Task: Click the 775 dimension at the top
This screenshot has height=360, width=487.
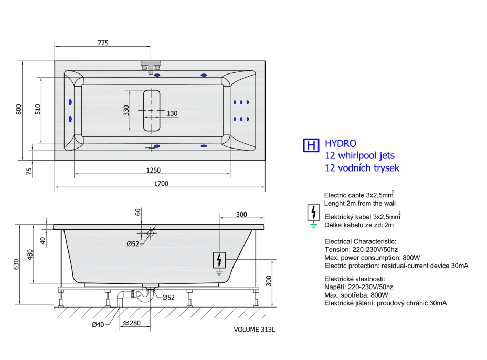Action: pos(103,43)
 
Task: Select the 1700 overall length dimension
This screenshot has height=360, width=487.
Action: pos(161,184)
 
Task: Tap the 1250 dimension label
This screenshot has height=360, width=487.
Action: pos(153,170)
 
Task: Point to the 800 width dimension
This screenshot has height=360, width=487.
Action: pos(19,109)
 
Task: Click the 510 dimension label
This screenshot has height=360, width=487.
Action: pos(38,109)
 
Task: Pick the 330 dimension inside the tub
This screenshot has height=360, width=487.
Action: pos(126,110)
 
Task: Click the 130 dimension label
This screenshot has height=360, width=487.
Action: pos(172,114)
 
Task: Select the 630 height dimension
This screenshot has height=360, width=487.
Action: pos(16,264)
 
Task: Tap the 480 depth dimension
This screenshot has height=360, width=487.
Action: pos(30,255)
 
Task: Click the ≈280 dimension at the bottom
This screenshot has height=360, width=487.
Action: pos(132,323)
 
